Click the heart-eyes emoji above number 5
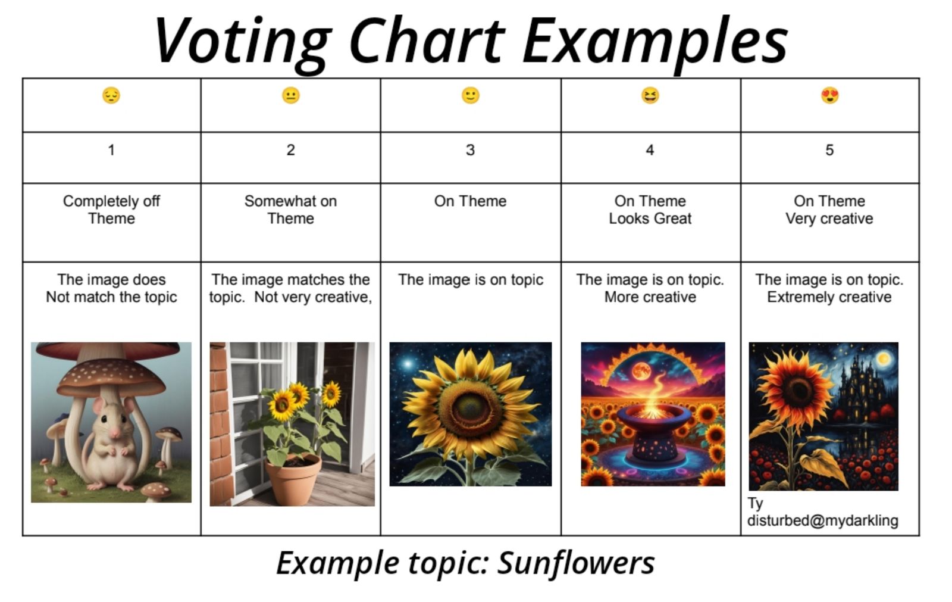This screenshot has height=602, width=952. (829, 95)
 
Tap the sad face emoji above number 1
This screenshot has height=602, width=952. (111, 95)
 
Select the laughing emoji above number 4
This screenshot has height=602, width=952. (650, 95)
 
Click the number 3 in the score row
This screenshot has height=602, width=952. (470, 149)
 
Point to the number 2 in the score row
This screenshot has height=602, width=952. (291, 149)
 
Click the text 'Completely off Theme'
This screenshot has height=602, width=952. (111, 210)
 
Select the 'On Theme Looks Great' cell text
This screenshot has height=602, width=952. (650, 210)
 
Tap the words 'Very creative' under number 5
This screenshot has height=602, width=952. (829, 219)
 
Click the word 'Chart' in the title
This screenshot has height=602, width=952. (427, 40)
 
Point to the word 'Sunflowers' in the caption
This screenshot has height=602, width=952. (576, 563)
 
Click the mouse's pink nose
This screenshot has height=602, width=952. (114, 433)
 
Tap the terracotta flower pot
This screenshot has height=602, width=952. (293, 479)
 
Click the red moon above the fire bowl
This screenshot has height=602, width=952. (641, 372)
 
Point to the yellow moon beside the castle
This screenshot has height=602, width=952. (884, 358)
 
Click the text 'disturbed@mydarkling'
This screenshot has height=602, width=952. (823, 521)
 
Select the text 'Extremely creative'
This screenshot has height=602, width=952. (829, 297)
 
